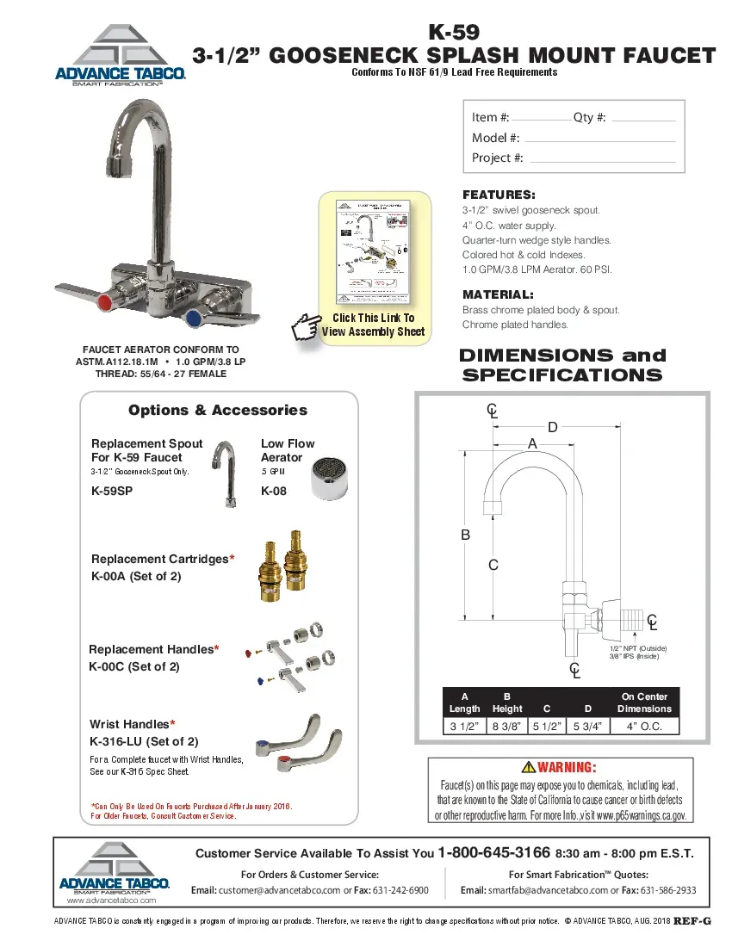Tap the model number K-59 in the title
453,34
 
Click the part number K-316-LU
144,740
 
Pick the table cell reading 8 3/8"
506,726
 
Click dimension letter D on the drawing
553,427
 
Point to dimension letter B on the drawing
466,535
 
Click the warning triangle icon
529,768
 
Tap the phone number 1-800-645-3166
493,853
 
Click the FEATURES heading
499,195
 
